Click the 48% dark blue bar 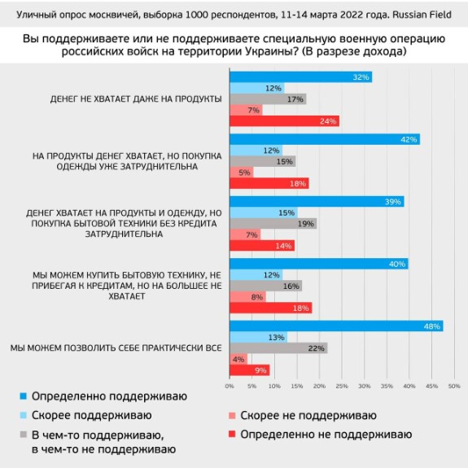336,326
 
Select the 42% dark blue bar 325,139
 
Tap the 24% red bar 284,121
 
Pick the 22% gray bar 278,348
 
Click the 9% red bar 250,370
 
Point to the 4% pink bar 238,360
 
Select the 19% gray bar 273,224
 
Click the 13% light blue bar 259,337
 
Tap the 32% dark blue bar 301,77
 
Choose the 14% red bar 262,246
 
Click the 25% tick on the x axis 342,387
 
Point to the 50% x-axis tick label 454,387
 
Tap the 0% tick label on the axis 230,387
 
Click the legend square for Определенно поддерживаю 24,396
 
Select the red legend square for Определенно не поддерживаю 232,434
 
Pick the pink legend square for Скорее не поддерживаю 232,415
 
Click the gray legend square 24,435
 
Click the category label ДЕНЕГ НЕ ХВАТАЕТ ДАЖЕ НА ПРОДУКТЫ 136,98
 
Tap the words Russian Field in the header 422,15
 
